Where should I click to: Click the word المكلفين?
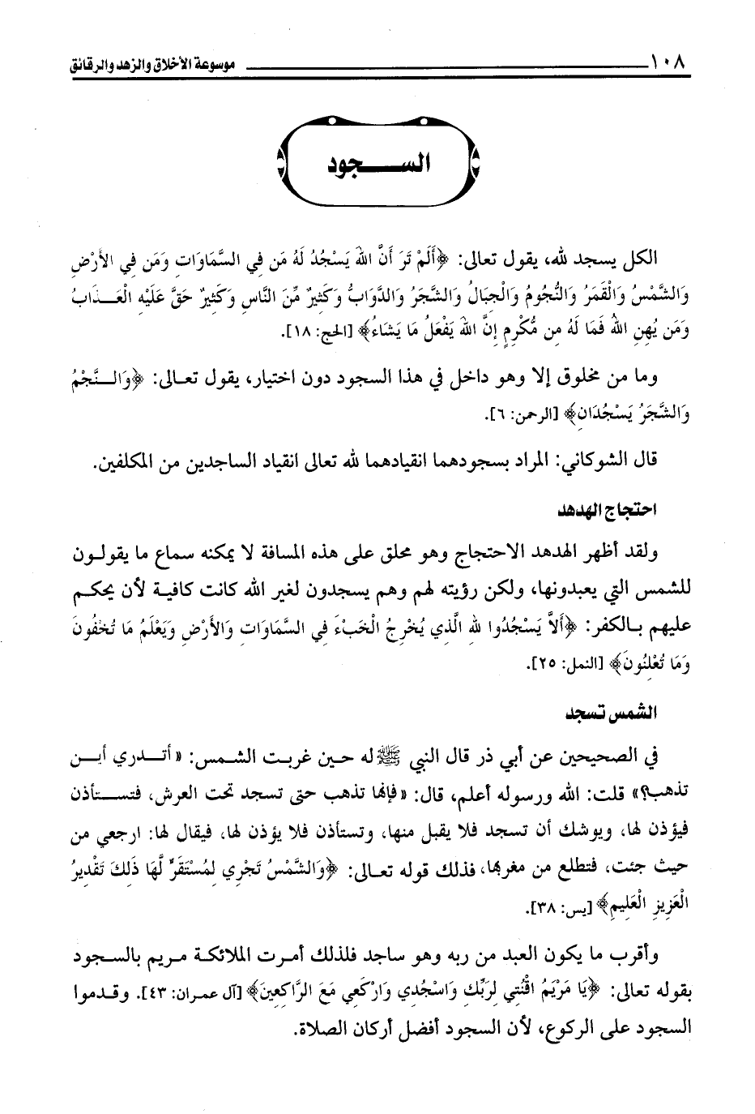127,462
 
